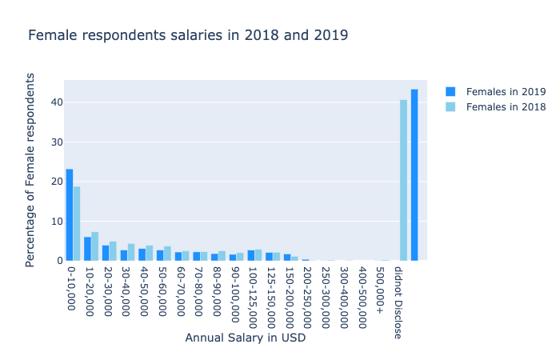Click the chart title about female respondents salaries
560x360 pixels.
188,35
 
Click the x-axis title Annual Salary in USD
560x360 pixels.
245,338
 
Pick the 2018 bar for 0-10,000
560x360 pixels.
77,223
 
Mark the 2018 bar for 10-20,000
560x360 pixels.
95,246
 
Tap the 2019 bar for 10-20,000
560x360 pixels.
87,249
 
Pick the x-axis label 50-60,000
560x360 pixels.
162,290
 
